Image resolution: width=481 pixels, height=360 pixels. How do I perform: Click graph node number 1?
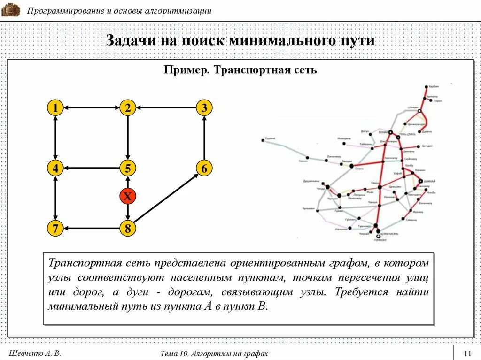[55, 108]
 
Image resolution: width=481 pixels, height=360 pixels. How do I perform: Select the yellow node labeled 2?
[127, 108]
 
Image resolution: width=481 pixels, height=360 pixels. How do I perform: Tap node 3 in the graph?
[204, 108]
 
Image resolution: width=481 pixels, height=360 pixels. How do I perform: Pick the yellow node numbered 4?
[55, 168]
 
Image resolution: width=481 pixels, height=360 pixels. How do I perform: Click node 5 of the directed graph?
[127, 168]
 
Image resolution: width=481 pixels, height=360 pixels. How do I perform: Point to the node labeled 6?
[204, 168]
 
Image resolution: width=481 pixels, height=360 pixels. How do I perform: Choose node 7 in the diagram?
[55, 229]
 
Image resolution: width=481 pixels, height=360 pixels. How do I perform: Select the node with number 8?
[127, 229]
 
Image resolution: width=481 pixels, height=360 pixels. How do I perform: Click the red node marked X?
[127, 196]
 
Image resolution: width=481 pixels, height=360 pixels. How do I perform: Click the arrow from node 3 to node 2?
[165, 108]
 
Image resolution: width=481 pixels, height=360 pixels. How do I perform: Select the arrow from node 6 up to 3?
[204, 138]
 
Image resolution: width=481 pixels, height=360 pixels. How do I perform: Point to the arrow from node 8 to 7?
[92, 229]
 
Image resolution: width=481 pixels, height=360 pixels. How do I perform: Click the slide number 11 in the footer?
[467, 353]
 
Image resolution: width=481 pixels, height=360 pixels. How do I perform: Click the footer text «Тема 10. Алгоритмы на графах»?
[214, 353]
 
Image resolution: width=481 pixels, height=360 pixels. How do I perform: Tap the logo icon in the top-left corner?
[10, 10]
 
